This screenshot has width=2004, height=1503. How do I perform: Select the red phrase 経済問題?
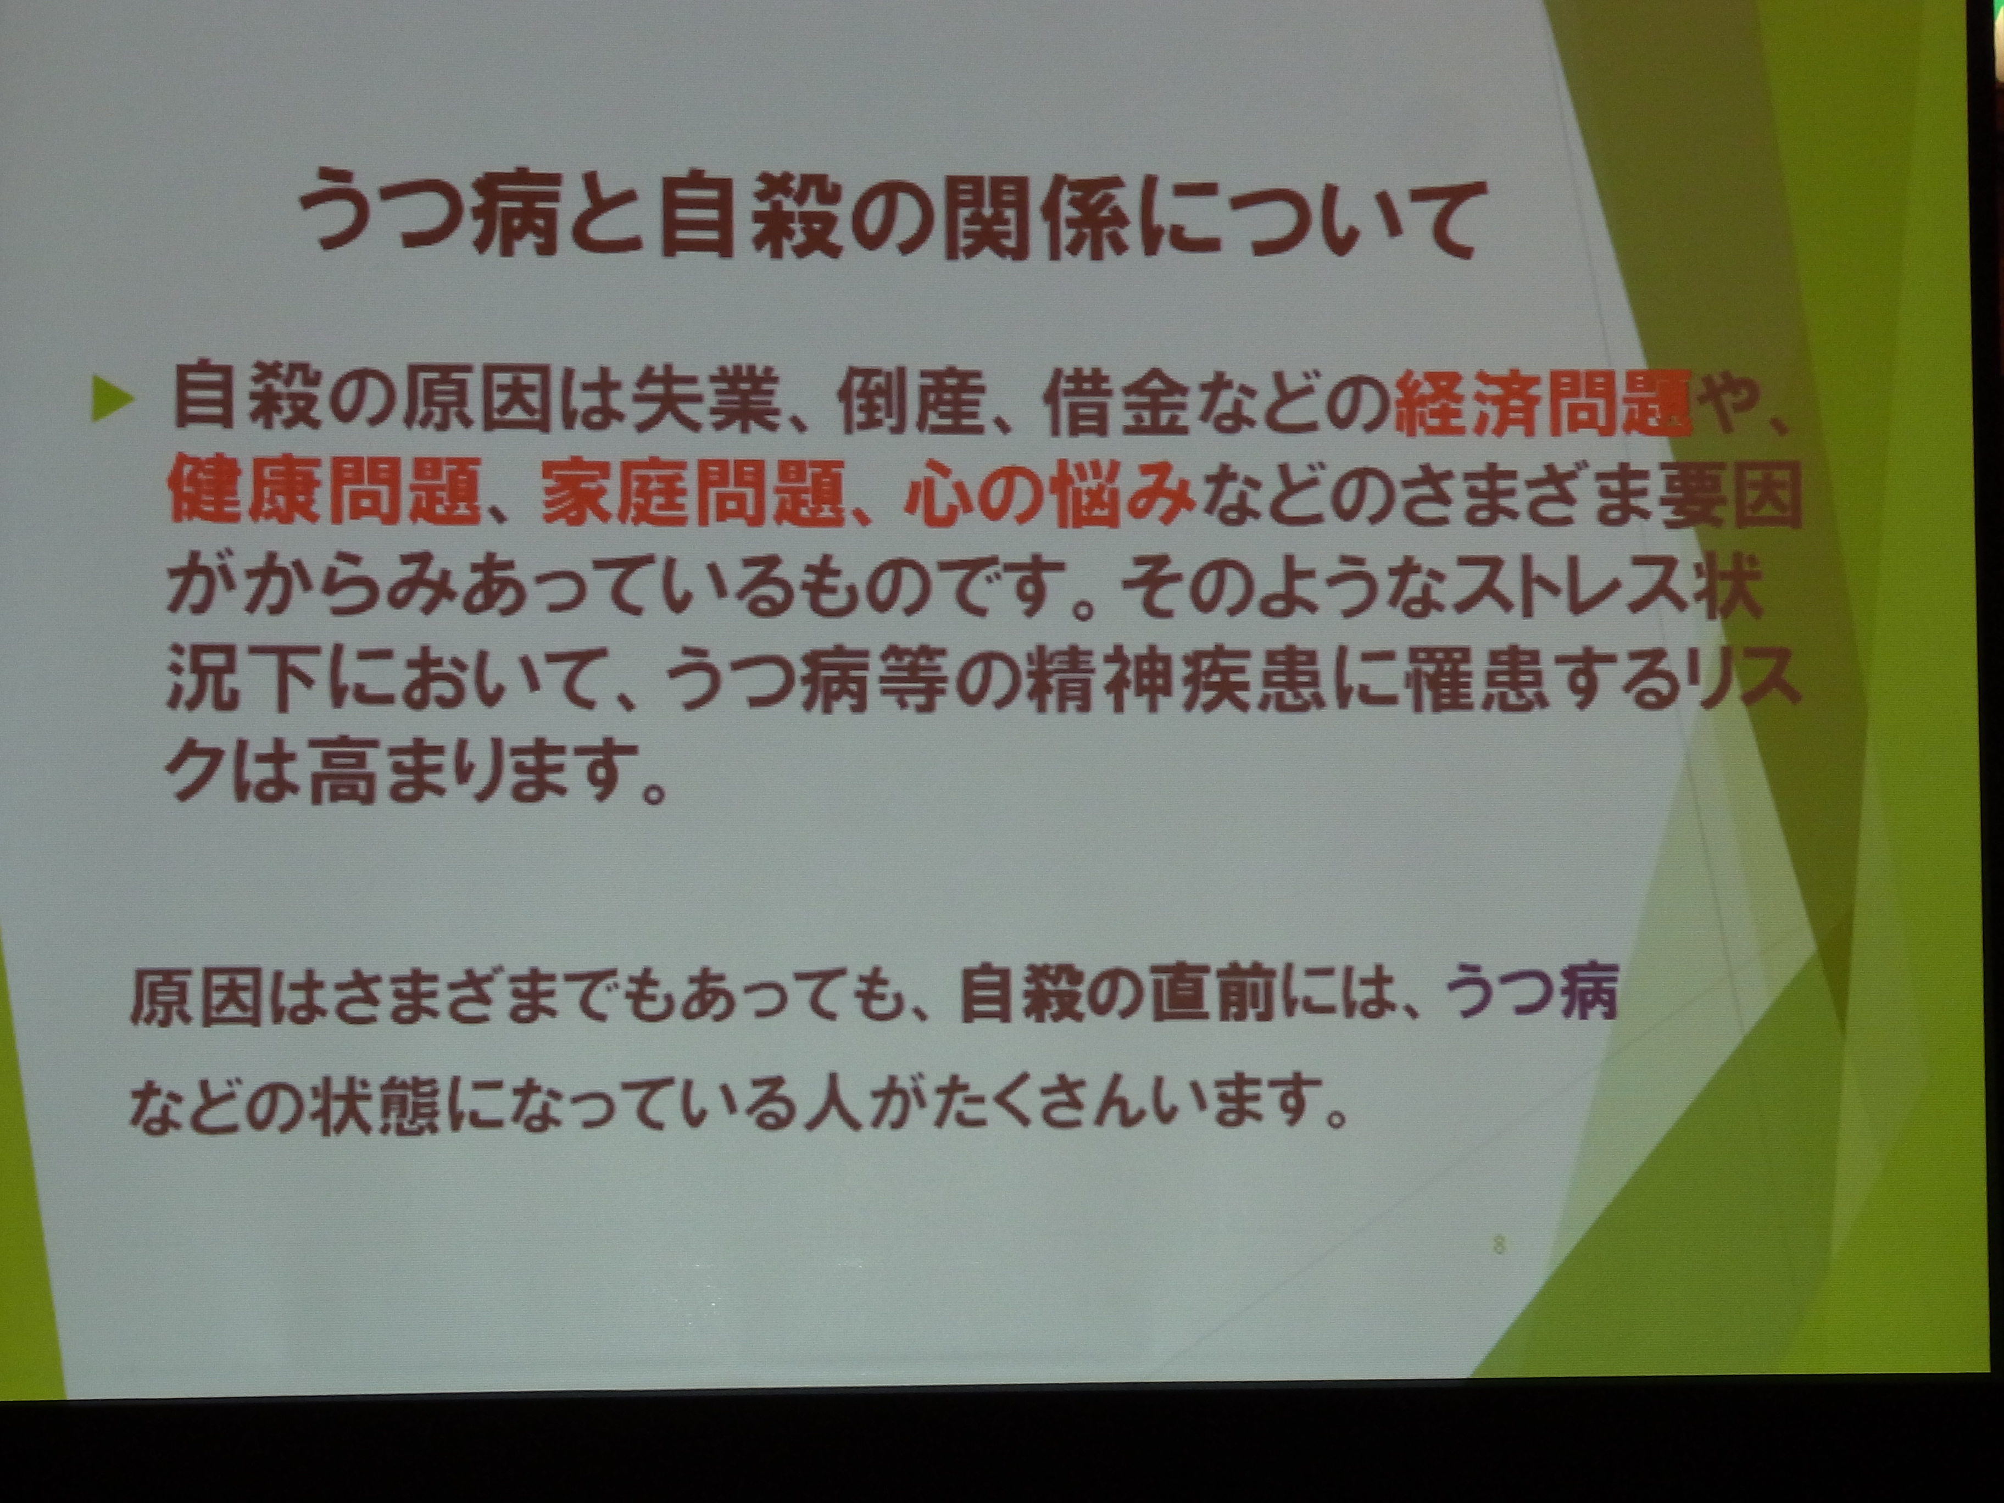(1540, 402)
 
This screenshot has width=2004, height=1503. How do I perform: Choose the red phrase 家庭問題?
(693, 494)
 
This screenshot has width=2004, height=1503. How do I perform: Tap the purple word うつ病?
(1529, 994)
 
